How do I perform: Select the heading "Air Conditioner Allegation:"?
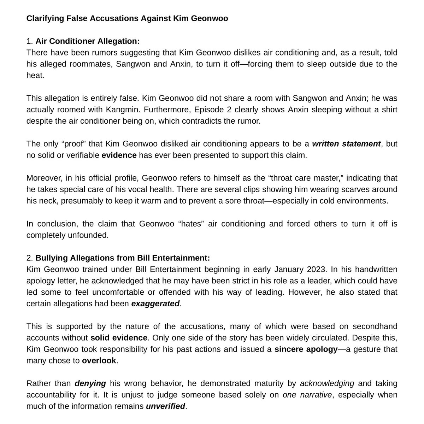[88, 41]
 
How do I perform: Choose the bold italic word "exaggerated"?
[155, 304]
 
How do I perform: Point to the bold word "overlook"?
[99, 361]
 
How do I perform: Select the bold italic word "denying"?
[90, 383]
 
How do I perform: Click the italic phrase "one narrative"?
[307, 395]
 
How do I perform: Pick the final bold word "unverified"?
[165, 406]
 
